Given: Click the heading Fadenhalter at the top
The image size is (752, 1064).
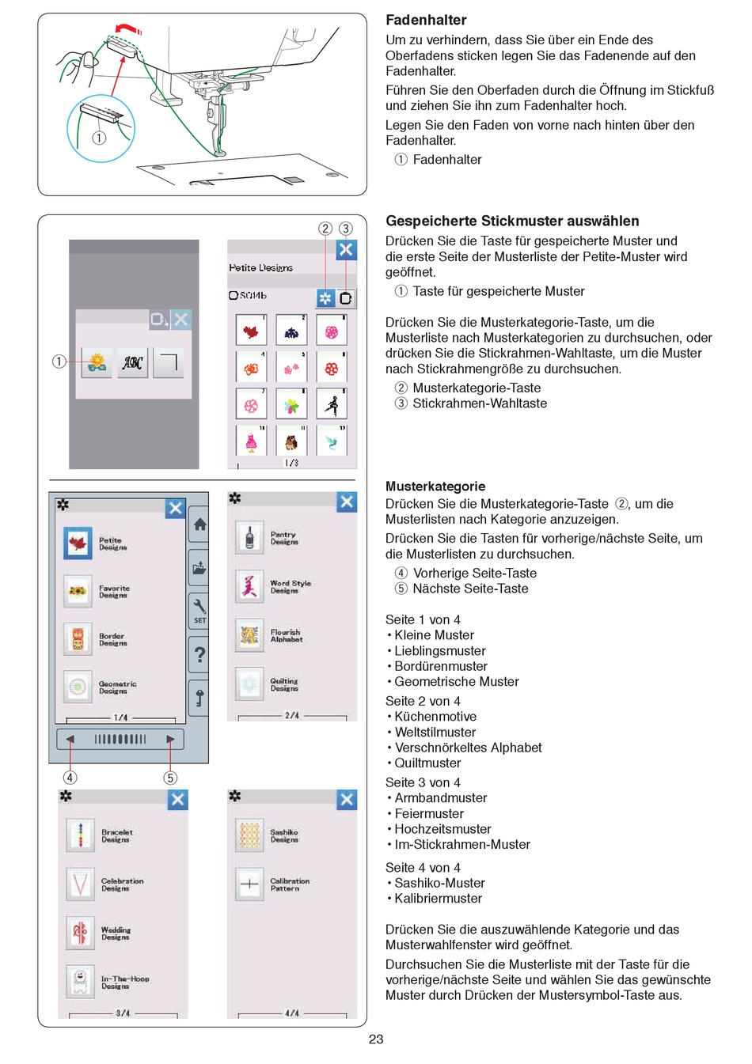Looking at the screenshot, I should click(426, 21).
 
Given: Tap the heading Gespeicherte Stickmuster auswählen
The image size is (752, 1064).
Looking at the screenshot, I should click(512, 222).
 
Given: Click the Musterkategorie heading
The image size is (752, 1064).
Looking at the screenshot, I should click(435, 487).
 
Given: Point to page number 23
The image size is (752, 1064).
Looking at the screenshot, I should click(376, 1039).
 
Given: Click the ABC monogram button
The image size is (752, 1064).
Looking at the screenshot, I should click(133, 363).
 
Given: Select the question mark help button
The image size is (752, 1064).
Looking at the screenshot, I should click(199, 654).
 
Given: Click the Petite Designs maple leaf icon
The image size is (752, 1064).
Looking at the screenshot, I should click(78, 543).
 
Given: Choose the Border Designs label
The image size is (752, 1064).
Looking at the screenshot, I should click(112, 640).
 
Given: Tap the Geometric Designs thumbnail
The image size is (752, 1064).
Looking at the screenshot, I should click(78, 687).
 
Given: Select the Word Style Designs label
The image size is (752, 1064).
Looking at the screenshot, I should click(290, 587).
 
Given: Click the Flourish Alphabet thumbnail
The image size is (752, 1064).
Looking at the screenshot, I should click(249, 635).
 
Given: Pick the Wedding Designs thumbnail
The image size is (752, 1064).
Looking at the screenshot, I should click(80, 933).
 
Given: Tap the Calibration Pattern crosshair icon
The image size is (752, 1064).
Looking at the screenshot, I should click(249, 884).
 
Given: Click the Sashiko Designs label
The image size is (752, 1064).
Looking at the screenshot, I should click(284, 836).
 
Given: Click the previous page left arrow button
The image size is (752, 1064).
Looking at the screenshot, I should click(70, 740).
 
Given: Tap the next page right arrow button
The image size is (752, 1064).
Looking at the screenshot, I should click(170, 740).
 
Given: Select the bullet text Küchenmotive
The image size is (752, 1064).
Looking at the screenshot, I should click(435, 717).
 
